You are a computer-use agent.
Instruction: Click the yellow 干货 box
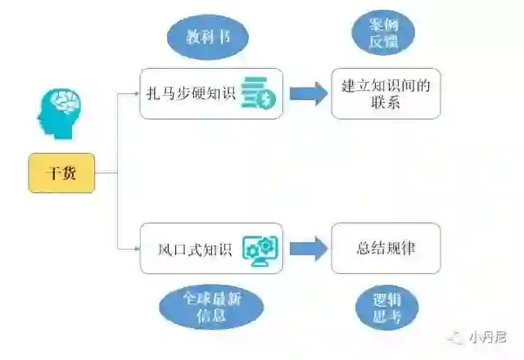pyautogui.click(x=61, y=173)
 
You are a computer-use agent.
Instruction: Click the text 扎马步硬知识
pyautogui.click(x=191, y=93)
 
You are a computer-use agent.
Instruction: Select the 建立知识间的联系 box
pyautogui.click(x=386, y=93)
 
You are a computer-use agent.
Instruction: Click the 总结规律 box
pyautogui.click(x=386, y=248)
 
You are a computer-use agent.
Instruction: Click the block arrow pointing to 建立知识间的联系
pyautogui.click(x=308, y=92)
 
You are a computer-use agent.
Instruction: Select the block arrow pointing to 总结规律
pyautogui.click(x=308, y=248)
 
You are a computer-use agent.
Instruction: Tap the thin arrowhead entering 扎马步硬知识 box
pyautogui.click(x=137, y=93)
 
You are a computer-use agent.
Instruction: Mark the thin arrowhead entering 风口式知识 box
pyautogui.click(x=137, y=248)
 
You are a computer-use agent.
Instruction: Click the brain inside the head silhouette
pyautogui.click(x=65, y=104)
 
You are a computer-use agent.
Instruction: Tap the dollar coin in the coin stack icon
pyautogui.click(x=268, y=100)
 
